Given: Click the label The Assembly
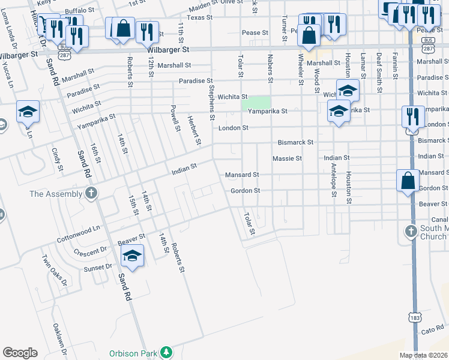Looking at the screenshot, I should (x=56, y=194).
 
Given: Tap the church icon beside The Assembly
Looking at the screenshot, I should (x=91, y=193).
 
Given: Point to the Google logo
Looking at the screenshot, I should (x=20, y=353).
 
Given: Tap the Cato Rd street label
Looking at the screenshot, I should (x=432, y=331).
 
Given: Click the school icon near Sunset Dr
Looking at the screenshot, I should (x=132, y=256).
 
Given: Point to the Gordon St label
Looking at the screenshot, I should (x=245, y=191).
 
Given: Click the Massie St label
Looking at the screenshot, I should (x=287, y=158).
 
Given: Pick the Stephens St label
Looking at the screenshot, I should (x=211, y=101).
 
